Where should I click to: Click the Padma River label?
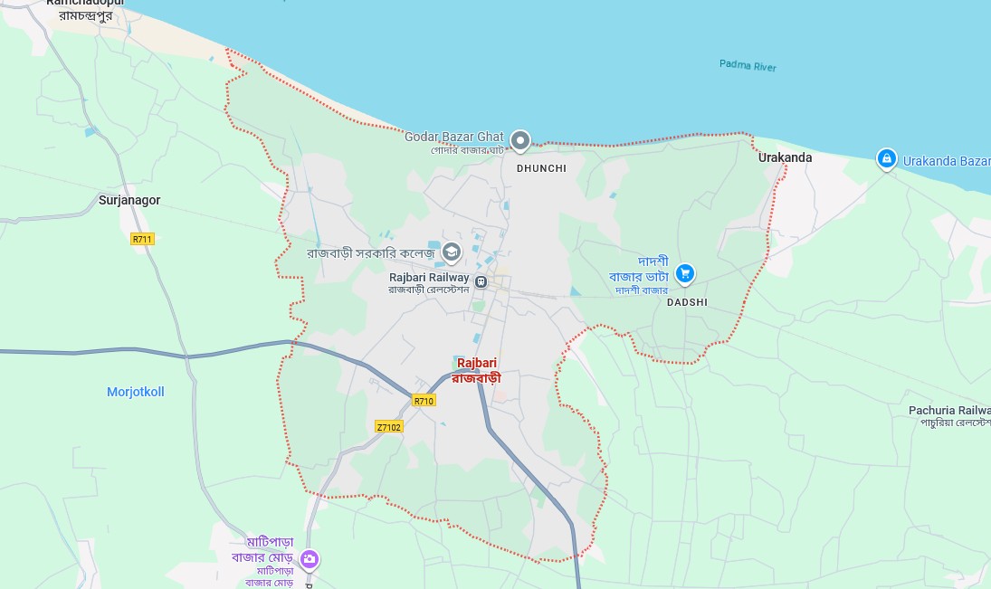pos(748,65)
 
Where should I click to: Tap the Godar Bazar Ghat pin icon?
pos(520,140)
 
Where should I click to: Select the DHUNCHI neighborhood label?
pos(541,168)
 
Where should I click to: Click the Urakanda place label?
pos(785,157)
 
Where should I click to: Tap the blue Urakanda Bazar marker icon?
pos(887,159)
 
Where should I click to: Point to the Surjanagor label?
pos(129,200)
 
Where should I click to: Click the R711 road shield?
pos(142,239)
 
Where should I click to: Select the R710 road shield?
pos(423,400)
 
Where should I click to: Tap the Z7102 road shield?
pos(389,426)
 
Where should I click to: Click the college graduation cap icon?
pos(452,252)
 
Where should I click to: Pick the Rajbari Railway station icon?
pos(481,282)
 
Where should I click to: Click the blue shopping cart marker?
pos(685,272)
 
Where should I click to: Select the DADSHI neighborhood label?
pos(687,302)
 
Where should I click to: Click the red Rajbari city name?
pos(477,364)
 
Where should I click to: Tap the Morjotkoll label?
pos(136,392)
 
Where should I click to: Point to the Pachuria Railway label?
pos(949,411)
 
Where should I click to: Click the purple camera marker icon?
pos(310,559)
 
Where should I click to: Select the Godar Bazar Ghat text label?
pos(453,137)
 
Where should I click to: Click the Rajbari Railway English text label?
pos(429,278)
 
